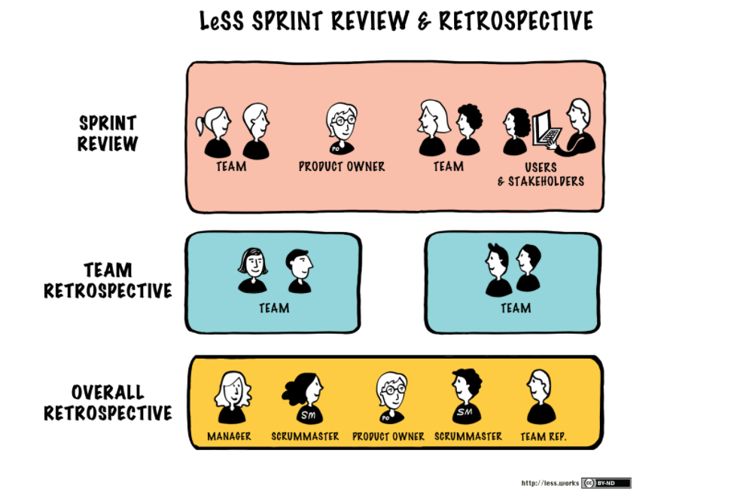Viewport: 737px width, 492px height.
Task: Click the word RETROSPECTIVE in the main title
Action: [516, 21]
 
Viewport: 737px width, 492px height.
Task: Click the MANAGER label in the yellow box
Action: [229, 436]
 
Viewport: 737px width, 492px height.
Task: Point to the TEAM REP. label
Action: [543, 436]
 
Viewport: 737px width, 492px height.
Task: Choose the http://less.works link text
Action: [549, 483]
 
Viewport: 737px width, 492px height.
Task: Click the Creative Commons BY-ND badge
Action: [605, 483]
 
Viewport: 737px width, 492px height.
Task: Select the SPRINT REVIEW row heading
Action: [108, 133]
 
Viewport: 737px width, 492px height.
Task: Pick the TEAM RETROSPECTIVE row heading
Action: [108, 280]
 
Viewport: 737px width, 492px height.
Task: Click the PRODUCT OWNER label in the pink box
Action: [341, 167]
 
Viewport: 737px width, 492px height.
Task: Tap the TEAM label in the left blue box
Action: [274, 308]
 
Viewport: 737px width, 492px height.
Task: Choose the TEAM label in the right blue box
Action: [516, 308]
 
